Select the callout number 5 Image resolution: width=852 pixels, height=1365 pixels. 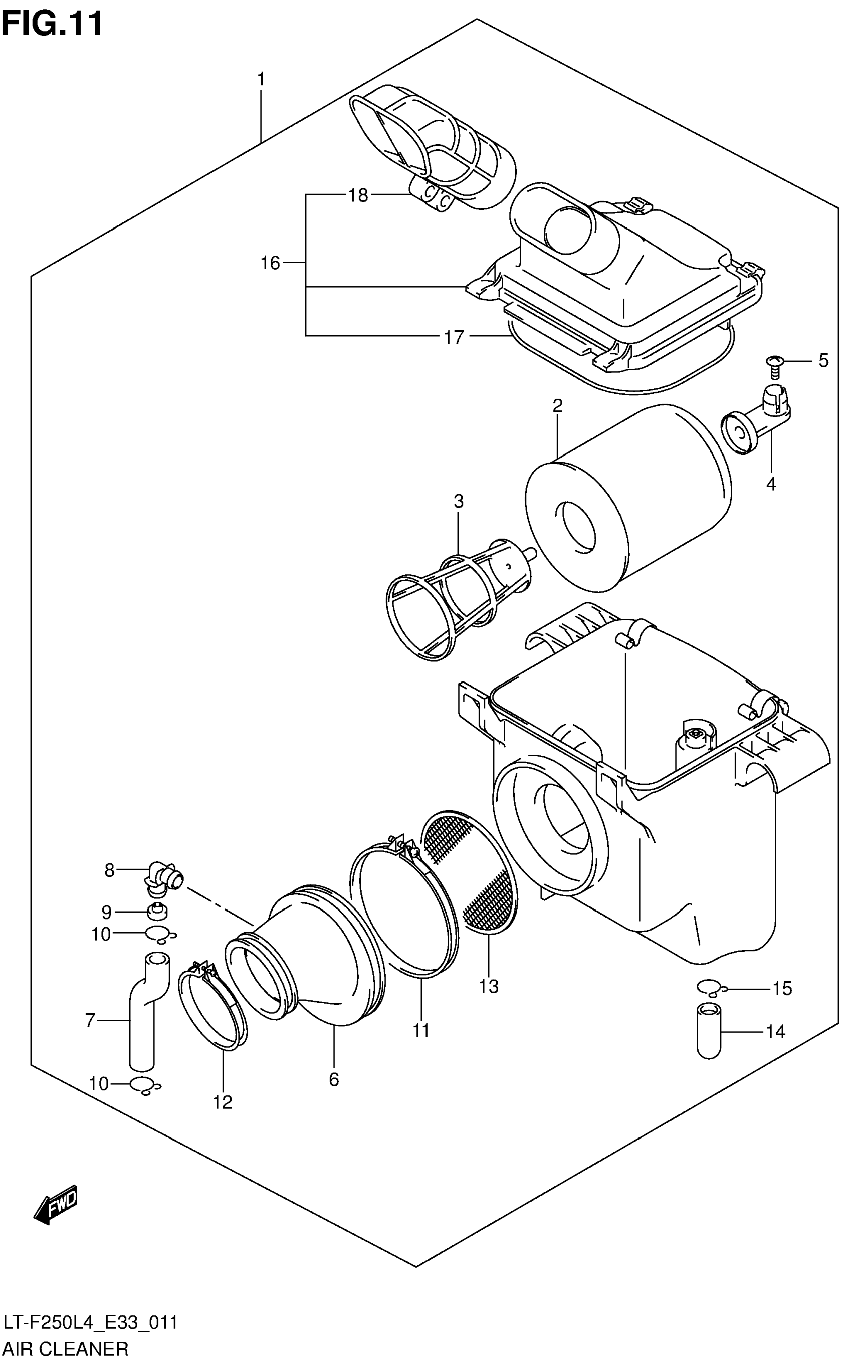pyautogui.click(x=823, y=361)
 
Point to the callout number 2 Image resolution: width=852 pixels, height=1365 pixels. pyautogui.click(x=557, y=405)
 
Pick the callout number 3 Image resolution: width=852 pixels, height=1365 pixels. pyautogui.click(x=458, y=501)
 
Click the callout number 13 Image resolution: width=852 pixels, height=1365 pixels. pyautogui.click(x=489, y=987)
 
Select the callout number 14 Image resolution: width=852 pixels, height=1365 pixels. pyautogui.click(x=775, y=1031)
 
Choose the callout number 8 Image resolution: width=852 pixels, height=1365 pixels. pyautogui.click(x=109, y=871)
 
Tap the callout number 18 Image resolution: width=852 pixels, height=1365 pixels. pyautogui.click(x=358, y=195)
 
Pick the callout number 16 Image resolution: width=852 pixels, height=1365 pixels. pyautogui.click(x=270, y=263)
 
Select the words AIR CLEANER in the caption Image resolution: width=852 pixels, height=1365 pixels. pyautogui.click(x=66, y=1350)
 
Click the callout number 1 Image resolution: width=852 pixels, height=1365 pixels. pyautogui.click(x=261, y=80)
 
